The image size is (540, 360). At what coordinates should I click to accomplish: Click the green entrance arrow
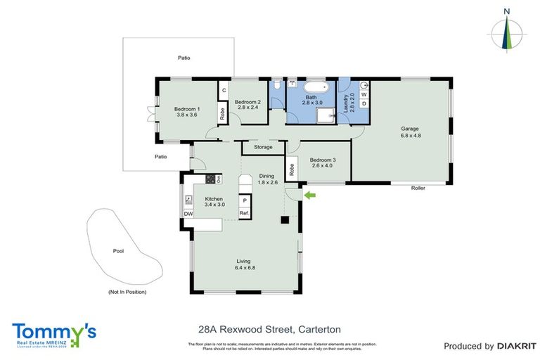tap(309, 194)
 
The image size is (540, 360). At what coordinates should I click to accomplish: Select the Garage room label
tap(410, 129)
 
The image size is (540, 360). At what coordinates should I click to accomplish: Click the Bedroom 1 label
tap(187, 109)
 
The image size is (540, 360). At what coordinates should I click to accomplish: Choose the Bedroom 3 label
tap(323, 160)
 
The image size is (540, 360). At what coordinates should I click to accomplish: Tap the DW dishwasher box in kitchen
tap(188, 214)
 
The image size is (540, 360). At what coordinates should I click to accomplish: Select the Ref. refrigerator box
tap(244, 213)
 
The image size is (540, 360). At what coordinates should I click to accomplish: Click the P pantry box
tap(244, 200)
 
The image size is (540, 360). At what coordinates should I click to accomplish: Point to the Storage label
tap(263, 147)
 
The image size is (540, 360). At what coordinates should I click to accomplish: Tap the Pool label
tap(118, 250)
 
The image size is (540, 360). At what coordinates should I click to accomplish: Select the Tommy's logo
tap(54, 333)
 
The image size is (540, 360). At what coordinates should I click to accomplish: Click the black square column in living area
tap(285, 220)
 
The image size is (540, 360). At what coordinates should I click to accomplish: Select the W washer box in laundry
tap(364, 94)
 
